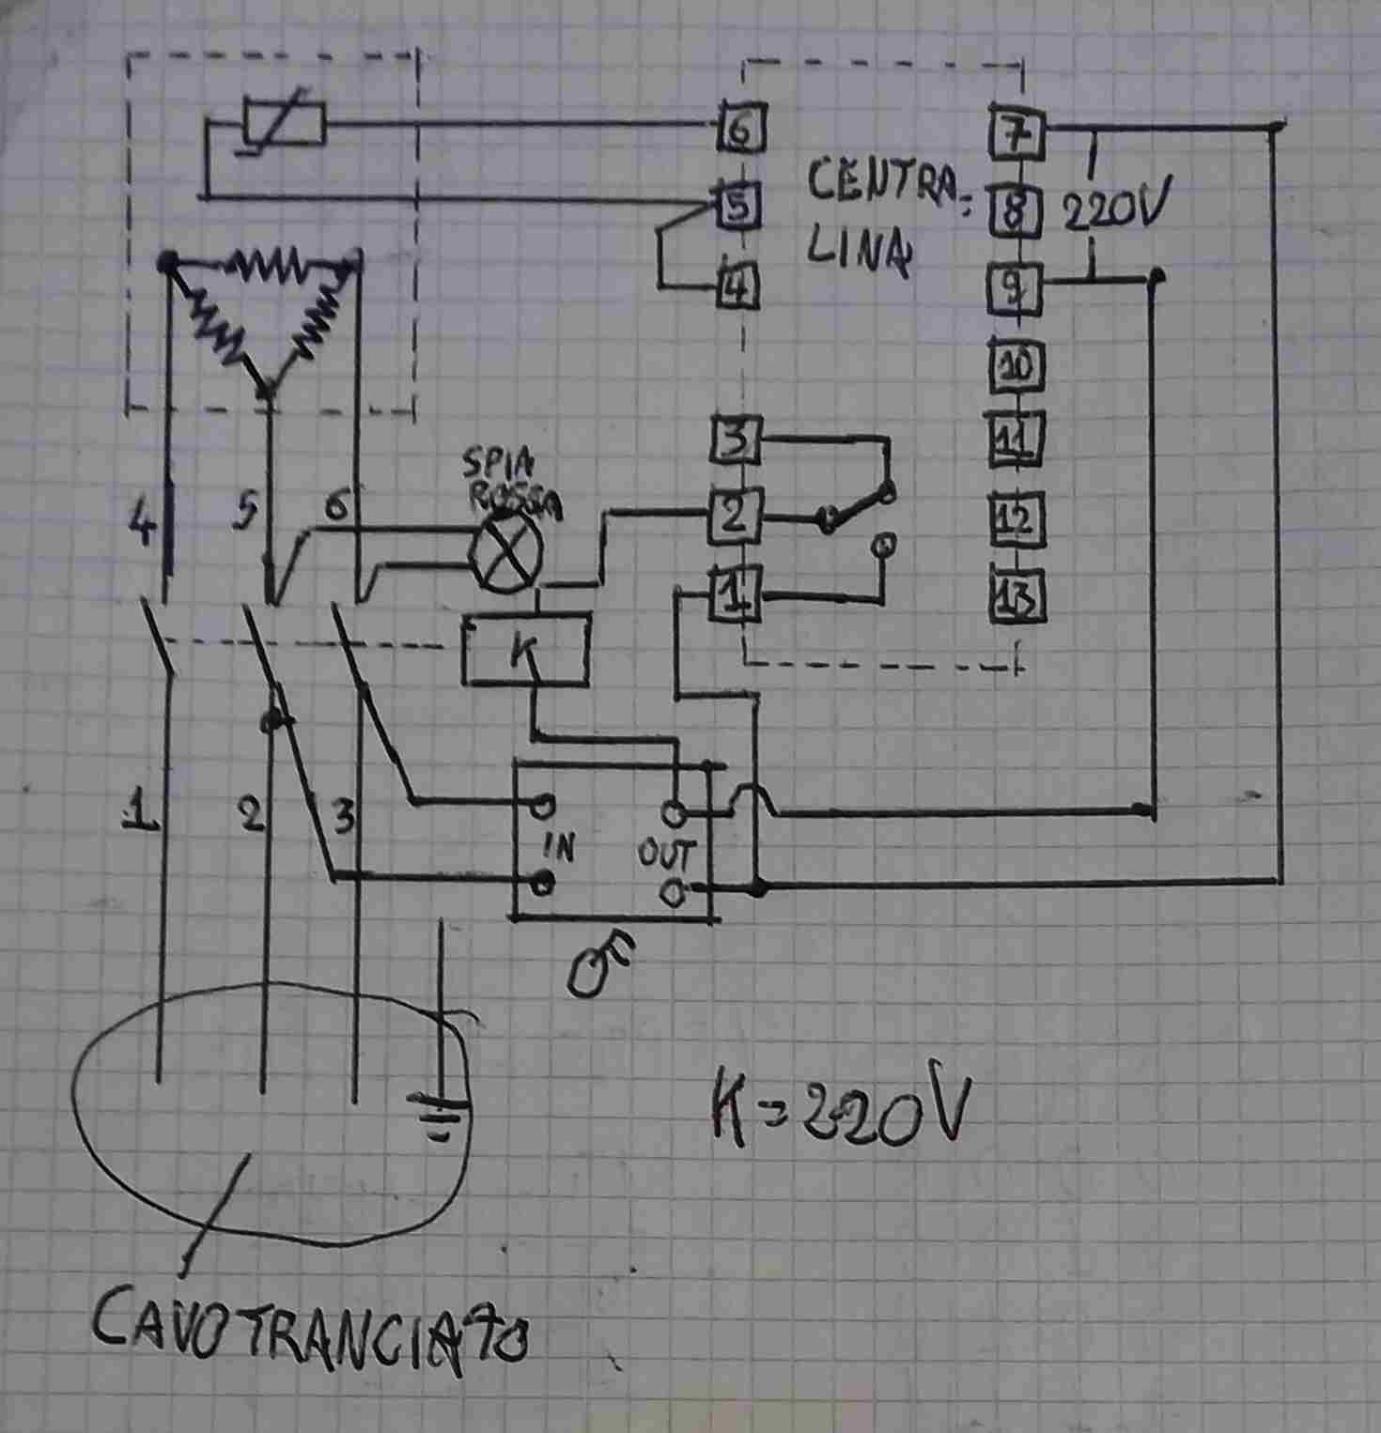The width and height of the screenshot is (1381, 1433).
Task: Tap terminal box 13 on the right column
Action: click(x=1018, y=597)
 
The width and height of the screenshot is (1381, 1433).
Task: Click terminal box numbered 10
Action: click(x=1017, y=364)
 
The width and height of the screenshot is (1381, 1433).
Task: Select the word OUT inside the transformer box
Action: click(x=668, y=853)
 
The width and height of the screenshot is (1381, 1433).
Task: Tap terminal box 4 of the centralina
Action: click(x=739, y=285)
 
